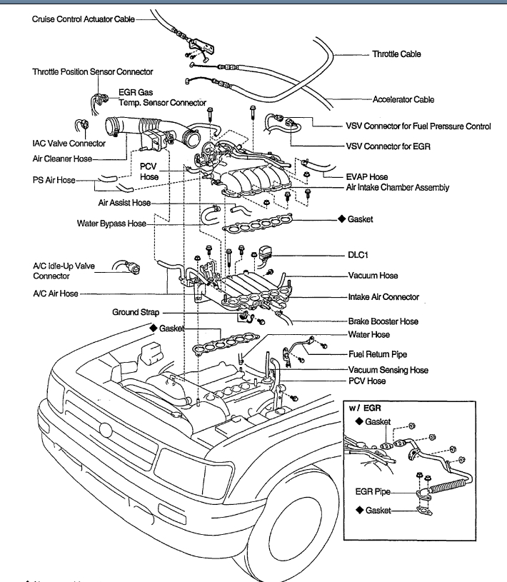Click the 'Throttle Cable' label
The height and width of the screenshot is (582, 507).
[396, 54]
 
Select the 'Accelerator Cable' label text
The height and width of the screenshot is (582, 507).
[403, 100]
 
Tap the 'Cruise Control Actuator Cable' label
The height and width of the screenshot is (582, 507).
[84, 19]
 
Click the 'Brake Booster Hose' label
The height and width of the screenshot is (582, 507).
[383, 322]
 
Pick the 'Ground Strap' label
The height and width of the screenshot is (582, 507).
[135, 313]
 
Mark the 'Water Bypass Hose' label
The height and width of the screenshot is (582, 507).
[111, 224]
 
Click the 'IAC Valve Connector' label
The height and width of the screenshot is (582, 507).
[69, 144]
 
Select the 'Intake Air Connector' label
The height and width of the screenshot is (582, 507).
[383, 297]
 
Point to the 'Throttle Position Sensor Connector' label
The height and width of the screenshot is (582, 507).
[92, 72]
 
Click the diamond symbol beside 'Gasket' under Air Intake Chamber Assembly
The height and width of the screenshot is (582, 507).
[342, 219]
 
